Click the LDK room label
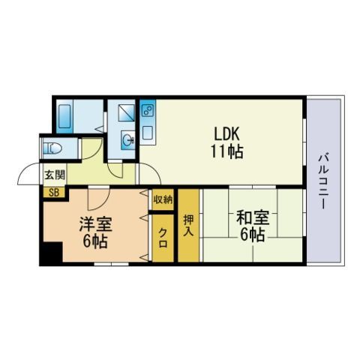pos(226,133)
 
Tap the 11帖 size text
pos(226,151)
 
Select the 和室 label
pos(253,217)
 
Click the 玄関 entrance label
pos(55,175)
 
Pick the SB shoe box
pos(54,192)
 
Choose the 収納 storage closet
pos(163,199)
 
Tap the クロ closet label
pos(163,238)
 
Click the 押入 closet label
pos(188,225)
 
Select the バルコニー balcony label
pos(323,181)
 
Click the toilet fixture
pos(52,148)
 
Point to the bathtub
pos(64,116)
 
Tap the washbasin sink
pos(128,139)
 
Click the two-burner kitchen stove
pos(147,110)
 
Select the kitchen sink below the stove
pos(148,133)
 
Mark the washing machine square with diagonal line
pos(126,113)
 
